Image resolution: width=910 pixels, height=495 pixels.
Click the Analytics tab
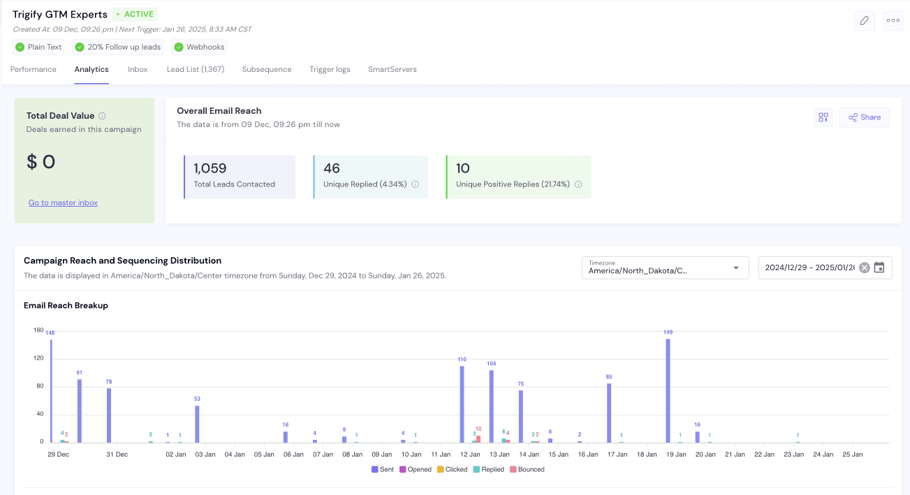point(91,69)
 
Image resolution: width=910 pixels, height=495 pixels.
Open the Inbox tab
point(138,69)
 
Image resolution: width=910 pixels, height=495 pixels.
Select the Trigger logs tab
point(330,69)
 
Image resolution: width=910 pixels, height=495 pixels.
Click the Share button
point(865,117)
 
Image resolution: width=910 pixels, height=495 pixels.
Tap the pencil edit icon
point(864,20)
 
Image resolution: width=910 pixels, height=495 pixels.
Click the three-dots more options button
point(893,20)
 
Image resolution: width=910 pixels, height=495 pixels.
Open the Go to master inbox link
point(63,202)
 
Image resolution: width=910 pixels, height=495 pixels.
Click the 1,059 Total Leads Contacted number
point(210,168)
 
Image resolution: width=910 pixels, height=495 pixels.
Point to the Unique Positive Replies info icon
point(578,184)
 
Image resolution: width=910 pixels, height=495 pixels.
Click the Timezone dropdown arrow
point(735,268)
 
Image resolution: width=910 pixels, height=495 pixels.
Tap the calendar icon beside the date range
point(879,267)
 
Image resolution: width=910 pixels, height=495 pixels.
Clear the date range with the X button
point(865,268)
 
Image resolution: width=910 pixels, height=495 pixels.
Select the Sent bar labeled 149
point(668,391)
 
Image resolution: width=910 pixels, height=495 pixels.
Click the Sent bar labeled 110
point(462,404)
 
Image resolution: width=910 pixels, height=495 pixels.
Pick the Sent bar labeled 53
point(197,424)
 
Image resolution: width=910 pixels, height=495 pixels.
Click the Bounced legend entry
point(527,469)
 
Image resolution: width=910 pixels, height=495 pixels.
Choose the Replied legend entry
point(488,469)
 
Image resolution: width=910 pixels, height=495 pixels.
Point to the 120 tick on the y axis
point(38,358)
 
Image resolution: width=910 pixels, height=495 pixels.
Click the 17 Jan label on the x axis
point(617,455)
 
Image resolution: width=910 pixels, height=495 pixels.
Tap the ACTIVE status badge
point(135,14)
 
